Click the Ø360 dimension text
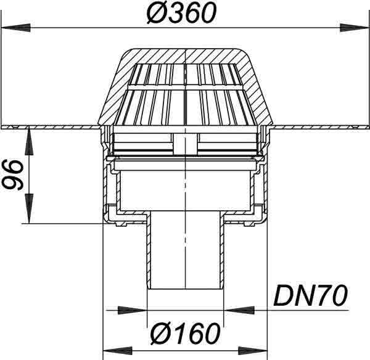[181, 13]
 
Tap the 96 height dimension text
[13, 175]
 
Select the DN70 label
[311, 295]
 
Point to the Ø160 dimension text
[185, 333]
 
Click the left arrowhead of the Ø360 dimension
[16, 28]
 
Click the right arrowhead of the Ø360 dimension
[354, 28]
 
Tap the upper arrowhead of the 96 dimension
[29, 141]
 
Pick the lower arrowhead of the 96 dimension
[29, 208]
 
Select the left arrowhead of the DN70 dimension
[132, 310]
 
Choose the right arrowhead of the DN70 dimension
[238, 310]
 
